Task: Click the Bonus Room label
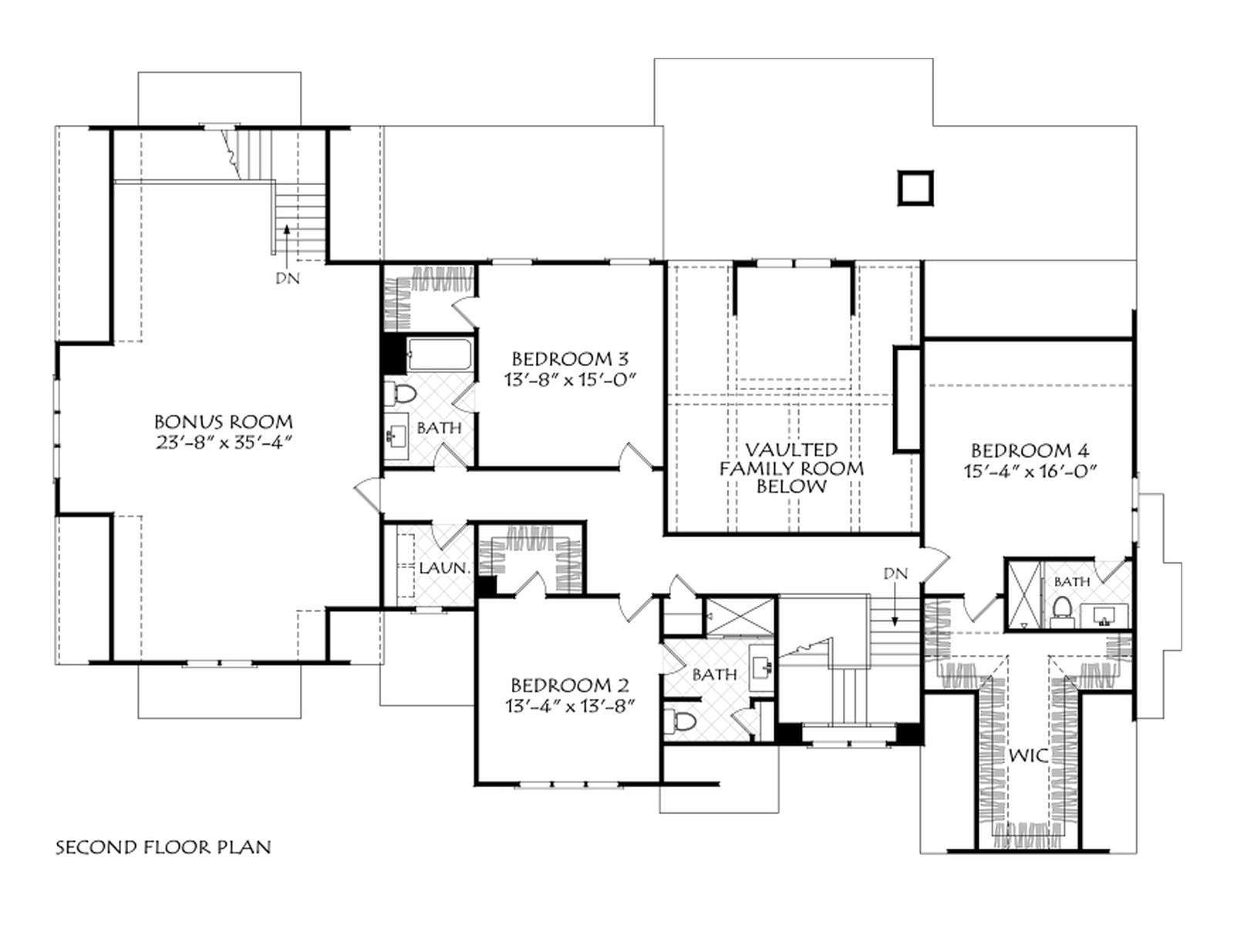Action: click(x=223, y=421)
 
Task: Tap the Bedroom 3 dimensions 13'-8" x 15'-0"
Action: click(x=569, y=380)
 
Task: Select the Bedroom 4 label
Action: click(x=1030, y=450)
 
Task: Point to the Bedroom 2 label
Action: click(x=569, y=685)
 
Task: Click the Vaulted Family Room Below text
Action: click(x=791, y=468)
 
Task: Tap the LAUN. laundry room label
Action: click(x=444, y=568)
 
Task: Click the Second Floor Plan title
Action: click(x=163, y=847)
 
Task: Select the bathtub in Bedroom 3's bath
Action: click(x=440, y=355)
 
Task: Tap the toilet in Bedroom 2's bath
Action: click(x=679, y=721)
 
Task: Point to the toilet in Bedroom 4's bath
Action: click(x=1060, y=611)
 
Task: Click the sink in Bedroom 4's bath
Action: click(x=1105, y=616)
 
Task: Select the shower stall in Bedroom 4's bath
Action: click(x=1022, y=595)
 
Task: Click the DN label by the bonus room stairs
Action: click(x=287, y=277)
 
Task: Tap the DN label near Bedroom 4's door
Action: click(x=895, y=573)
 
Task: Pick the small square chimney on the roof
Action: click(x=915, y=188)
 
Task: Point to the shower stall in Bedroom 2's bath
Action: click(x=739, y=616)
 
